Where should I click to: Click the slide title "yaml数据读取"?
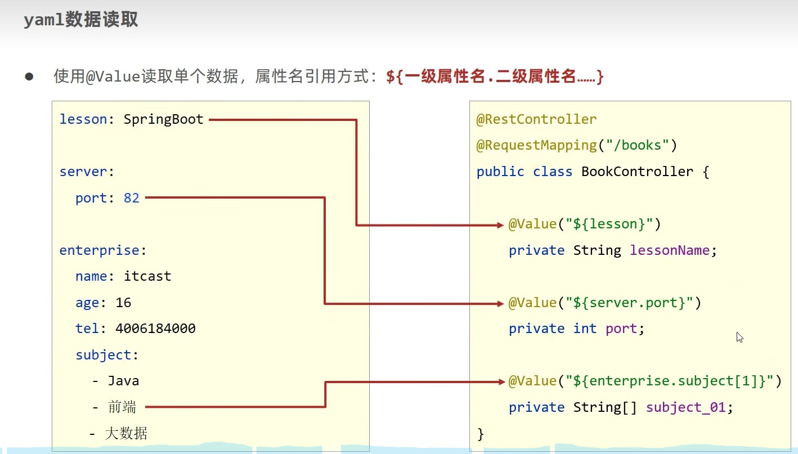coord(80,20)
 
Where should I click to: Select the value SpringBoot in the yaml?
coord(163,119)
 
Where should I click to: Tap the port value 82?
coord(131,198)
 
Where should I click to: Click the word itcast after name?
coord(147,276)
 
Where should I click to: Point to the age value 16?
coord(123,303)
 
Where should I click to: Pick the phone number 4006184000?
coord(155,329)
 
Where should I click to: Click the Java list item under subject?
coord(123,381)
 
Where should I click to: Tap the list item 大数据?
coord(126,433)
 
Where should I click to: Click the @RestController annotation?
coord(536,119)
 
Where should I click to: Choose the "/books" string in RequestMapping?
coord(637,145)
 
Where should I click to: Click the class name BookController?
coord(637,172)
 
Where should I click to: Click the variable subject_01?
coord(685,407)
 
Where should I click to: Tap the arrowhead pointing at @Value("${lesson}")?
coord(500,225)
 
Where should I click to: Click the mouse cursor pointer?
coord(739,336)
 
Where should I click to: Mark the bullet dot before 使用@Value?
coord(29,77)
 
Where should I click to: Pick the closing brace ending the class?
coord(480,433)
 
